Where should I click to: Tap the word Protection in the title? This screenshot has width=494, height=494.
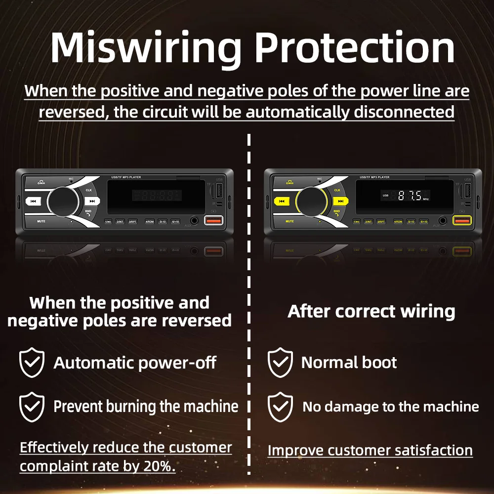[x=355, y=48]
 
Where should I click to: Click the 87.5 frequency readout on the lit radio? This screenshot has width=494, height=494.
[x=410, y=196]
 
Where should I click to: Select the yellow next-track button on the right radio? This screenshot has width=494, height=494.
[x=340, y=201]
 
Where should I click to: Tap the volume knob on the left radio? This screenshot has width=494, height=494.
[x=63, y=201]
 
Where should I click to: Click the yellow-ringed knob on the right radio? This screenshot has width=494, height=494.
[x=311, y=201]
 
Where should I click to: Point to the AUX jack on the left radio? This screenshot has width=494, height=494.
[x=194, y=221]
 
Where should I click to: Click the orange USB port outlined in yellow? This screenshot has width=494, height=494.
[x=461, y=221]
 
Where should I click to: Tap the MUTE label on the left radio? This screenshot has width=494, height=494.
[x=41, y=221]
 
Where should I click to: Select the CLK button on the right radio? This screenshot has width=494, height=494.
[x=337, y=190]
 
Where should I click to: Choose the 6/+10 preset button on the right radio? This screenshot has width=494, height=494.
[x=424, y=222]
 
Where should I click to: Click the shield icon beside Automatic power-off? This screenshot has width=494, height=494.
[x=32, y=363]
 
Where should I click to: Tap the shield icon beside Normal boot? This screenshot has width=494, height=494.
[x=280, y=363]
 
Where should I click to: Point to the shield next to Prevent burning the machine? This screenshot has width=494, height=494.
[x=32, y=407]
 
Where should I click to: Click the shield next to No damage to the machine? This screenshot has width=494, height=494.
[x=280, y=407]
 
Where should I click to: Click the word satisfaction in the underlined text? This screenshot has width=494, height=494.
[x=424, y=451]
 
